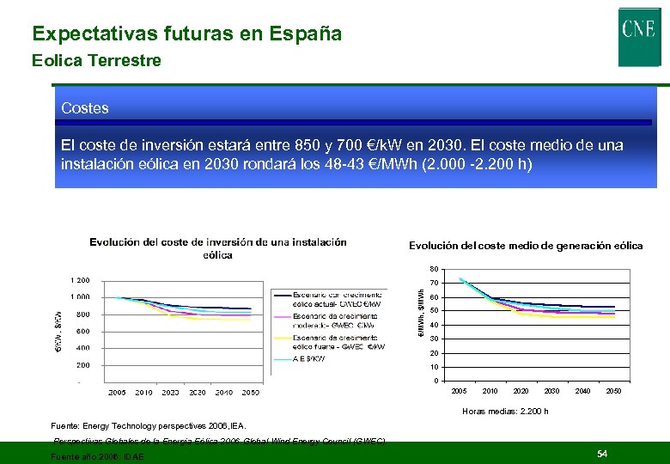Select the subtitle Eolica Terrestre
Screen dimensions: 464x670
(95, 61)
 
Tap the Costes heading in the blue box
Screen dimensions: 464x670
(85, 108)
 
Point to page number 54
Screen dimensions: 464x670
(602, 453)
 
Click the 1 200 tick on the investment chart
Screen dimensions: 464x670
(79, 280)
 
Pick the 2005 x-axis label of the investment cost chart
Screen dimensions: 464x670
(117, 393)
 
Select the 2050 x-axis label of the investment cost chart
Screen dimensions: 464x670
(250, 393)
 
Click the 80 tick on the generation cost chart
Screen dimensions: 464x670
(435, 268)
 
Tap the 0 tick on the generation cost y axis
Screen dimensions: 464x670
(436, 382)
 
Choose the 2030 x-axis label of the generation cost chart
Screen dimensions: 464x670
(551, 391)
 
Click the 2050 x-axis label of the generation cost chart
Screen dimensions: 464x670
(613, 391)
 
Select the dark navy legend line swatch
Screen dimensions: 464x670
(283, 295)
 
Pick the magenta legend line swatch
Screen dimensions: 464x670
(283, 317)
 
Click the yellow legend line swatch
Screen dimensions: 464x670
(283, 339)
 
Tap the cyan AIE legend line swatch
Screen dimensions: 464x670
(283, 360)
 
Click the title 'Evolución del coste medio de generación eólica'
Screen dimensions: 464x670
(525, 246)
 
